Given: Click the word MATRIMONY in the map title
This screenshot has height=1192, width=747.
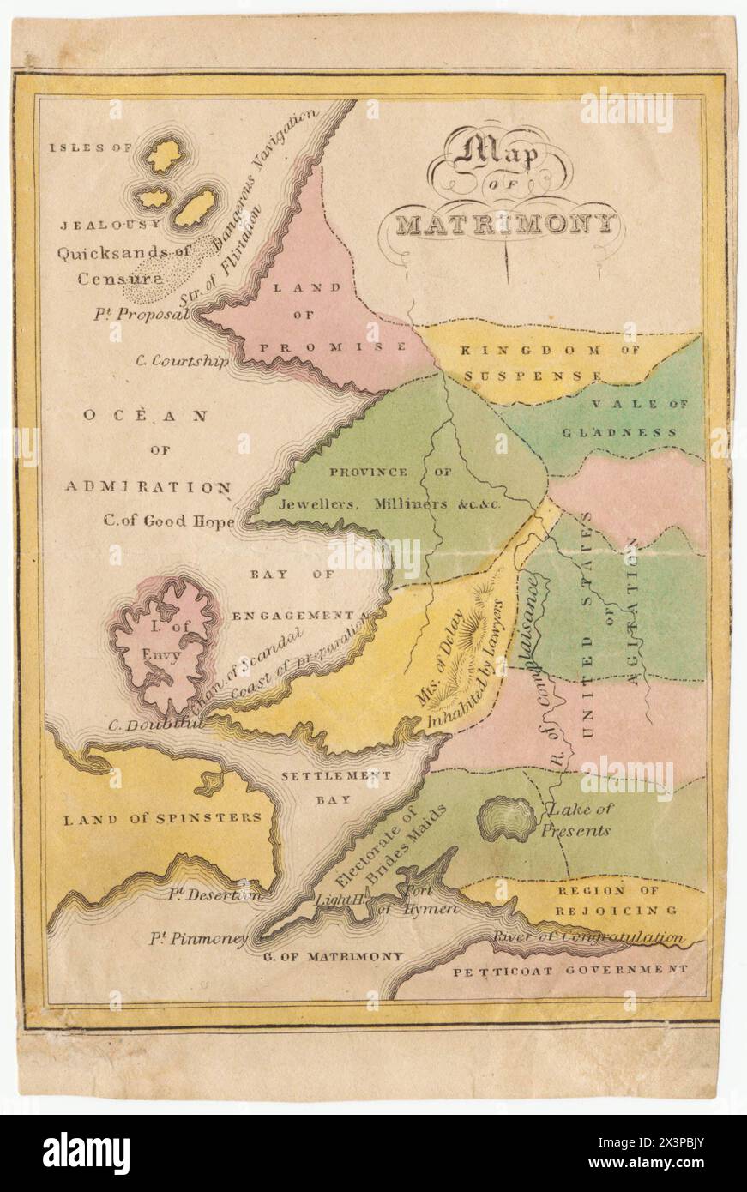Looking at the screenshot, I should coord(506,225).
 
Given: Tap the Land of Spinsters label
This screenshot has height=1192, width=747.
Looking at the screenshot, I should coord(163,817).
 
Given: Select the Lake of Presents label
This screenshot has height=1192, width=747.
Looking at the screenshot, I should coord(580,819).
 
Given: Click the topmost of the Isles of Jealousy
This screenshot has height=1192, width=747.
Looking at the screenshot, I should coord(163,155).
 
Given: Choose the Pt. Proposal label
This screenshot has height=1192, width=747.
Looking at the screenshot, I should coord(142,313).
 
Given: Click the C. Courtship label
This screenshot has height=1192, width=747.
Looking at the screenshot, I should coord(182,360).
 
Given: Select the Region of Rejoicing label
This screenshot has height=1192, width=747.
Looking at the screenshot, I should coord(620,900).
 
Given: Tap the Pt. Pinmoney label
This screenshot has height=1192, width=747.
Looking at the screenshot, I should coord(208,938).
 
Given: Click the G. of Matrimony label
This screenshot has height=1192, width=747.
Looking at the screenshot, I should coord(332,955).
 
